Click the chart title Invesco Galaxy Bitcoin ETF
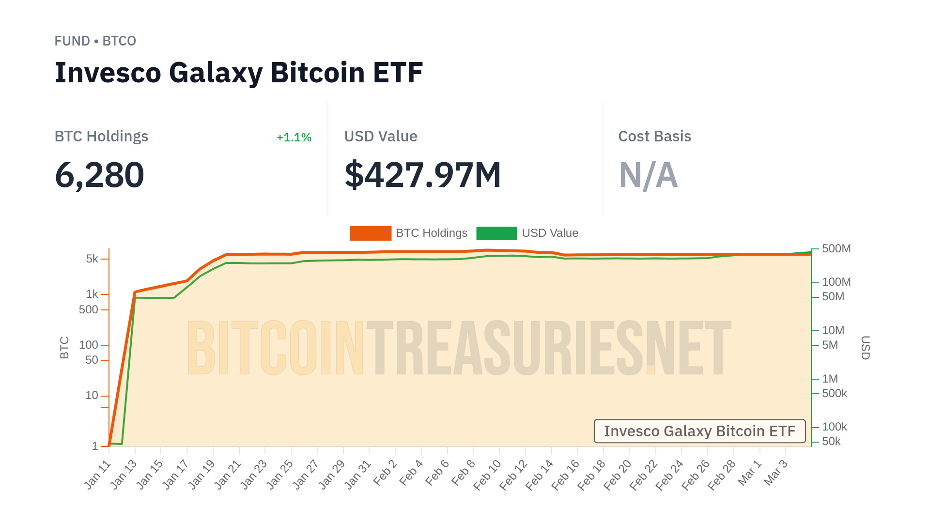(x=238, y=73)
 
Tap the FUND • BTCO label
(x=95, y=41)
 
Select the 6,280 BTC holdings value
(x=99, y=175)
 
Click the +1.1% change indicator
(x=294, y=138)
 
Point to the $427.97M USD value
(x=422, y=175)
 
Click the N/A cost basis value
(x=648, y=175)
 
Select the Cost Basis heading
(x=654, y=137)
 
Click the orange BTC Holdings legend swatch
(x=370, y=233)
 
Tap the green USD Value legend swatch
(x=496, y=233)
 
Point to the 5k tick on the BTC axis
(x=92, y=259)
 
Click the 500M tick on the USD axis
(x=836, y=249)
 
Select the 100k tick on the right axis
(x=834, y=427)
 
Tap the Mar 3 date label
(x=776, y=473)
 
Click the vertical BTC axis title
(x=64, y=348)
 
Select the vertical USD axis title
(x=865, y=348)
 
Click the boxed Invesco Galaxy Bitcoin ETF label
(x=699, y=431)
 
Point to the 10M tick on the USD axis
(x=833, y=331)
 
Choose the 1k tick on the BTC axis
(x=92, y=294)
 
